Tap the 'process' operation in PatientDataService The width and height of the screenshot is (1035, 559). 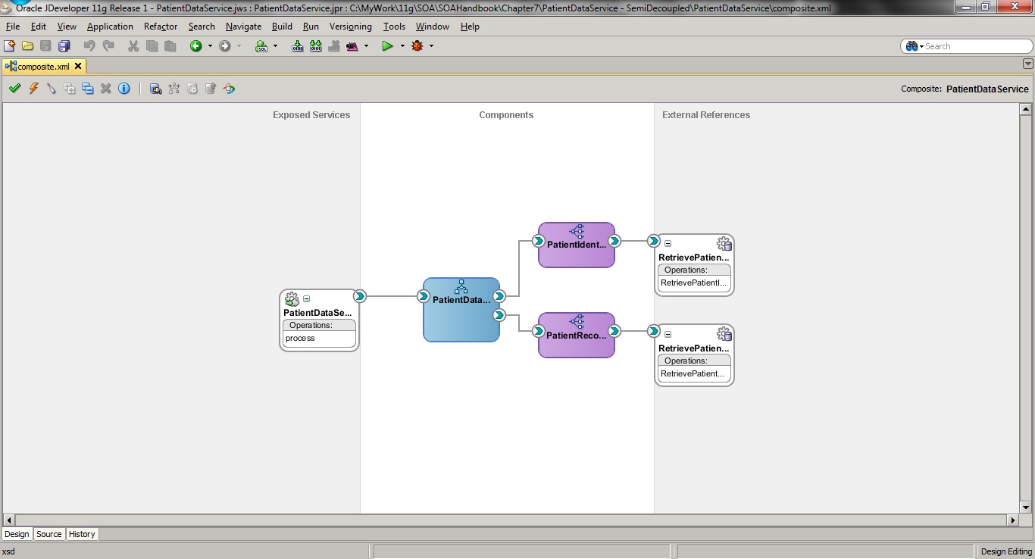pos(319,339)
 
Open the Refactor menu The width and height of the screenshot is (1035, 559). pos(161,27)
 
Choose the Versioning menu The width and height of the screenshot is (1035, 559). pos(350,27)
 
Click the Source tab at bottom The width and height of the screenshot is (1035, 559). pos(49,534)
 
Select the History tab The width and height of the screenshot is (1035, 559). pos(82,534)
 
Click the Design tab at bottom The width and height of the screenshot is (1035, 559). pos(17,534)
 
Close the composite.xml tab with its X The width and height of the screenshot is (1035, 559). pos(78,67)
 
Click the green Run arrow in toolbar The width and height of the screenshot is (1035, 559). pos(387,46)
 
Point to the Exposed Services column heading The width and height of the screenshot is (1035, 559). pos(311,115)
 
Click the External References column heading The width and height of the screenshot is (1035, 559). pos(706,115)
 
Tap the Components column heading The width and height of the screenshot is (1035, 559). pos(506,115)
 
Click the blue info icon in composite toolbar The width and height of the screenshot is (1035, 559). pos(124,89)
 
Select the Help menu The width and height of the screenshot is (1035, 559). pos(470,27)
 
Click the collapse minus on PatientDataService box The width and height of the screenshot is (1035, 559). pos(306,299)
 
